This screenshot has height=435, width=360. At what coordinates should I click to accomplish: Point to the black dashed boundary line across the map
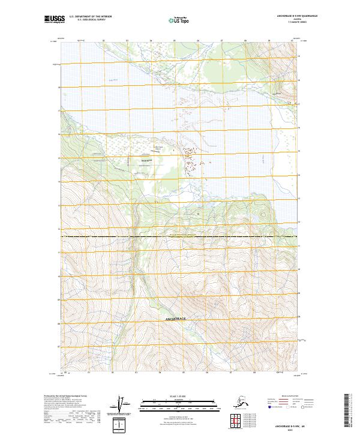click(x=180, y=236)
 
